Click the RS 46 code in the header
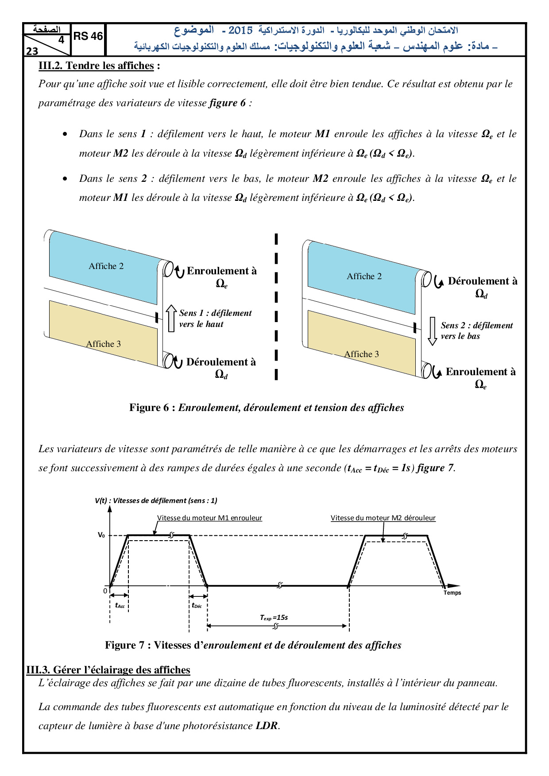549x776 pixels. point(88,36)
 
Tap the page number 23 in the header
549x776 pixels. point(32,51)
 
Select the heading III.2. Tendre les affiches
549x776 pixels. point(96,66)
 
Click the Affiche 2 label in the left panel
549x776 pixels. point(106,266)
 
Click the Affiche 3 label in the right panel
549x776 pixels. point(361,354)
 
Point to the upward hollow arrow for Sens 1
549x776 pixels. point(171,318)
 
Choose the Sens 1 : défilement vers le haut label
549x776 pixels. point(215,319)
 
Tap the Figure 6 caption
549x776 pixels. point(267,407)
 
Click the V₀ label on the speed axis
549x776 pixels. point(101,535)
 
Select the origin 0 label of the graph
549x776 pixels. point(105,591)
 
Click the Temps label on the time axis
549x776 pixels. point(452,593)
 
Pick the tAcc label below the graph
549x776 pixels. point(120,606)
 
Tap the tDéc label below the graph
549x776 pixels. point(197,606)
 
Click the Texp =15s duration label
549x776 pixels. point(274,618)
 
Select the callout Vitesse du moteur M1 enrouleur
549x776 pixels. point(209,518)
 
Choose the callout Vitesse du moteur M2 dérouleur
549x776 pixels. point(383,518)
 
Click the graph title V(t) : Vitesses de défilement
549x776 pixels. point(156,501)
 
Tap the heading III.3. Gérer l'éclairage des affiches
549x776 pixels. point(108,670)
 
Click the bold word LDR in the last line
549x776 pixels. point(267,726)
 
